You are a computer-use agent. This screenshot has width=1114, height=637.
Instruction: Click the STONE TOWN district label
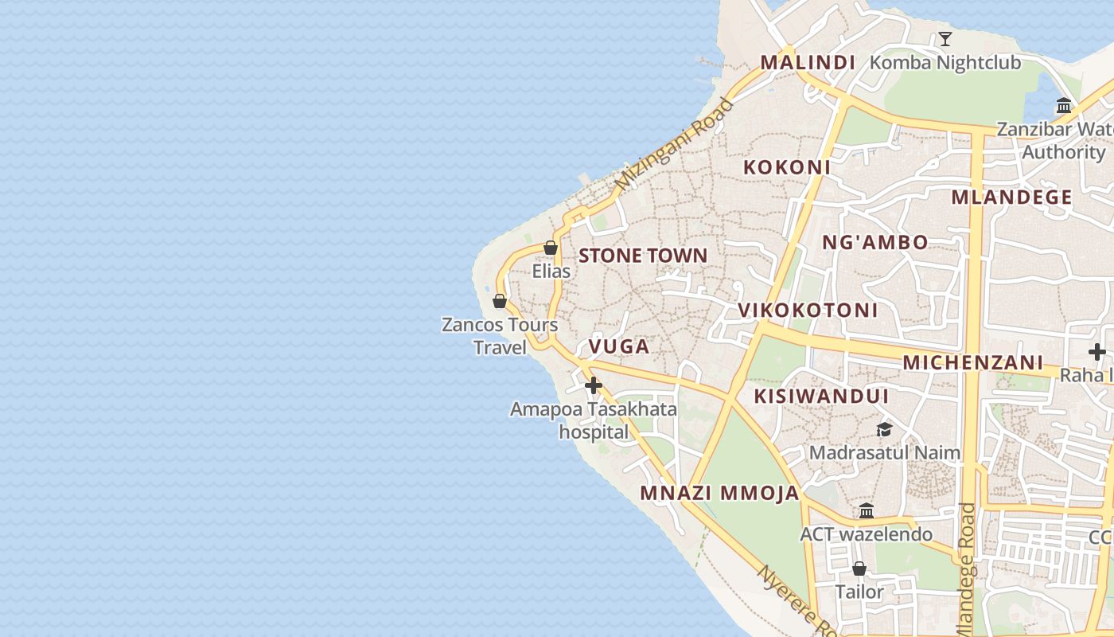point(643,256)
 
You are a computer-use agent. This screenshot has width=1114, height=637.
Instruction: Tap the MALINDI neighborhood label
point(808,62)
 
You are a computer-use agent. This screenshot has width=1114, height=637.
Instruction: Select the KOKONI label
point(786,167)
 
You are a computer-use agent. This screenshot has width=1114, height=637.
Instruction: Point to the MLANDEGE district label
point(1011,197)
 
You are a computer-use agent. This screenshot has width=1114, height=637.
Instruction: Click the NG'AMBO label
point(874,243)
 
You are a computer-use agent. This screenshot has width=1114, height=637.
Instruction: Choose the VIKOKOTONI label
point(808,311)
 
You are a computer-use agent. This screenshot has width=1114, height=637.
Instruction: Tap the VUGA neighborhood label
point(619,346)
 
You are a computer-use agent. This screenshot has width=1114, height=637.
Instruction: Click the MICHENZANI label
point(972,363)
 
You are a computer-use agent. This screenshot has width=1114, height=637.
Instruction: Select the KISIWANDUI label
point(821,397)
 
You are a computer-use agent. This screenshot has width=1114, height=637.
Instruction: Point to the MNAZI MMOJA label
point(719,493)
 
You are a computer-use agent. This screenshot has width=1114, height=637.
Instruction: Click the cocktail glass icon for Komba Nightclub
point(945,39)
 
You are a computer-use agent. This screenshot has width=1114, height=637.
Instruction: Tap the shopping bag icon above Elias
point(550,248)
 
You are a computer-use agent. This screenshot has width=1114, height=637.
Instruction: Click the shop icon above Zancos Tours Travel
point(500,301)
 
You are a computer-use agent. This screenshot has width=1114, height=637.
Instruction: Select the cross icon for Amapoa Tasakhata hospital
point(593,386)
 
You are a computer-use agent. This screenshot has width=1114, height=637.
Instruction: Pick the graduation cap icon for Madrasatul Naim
point(884,430)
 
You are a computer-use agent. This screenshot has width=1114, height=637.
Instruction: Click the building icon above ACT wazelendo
point(866,510)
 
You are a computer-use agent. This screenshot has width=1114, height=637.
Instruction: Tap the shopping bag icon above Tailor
point(859,569)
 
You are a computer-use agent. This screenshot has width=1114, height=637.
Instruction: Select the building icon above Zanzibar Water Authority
point(1064,106)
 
